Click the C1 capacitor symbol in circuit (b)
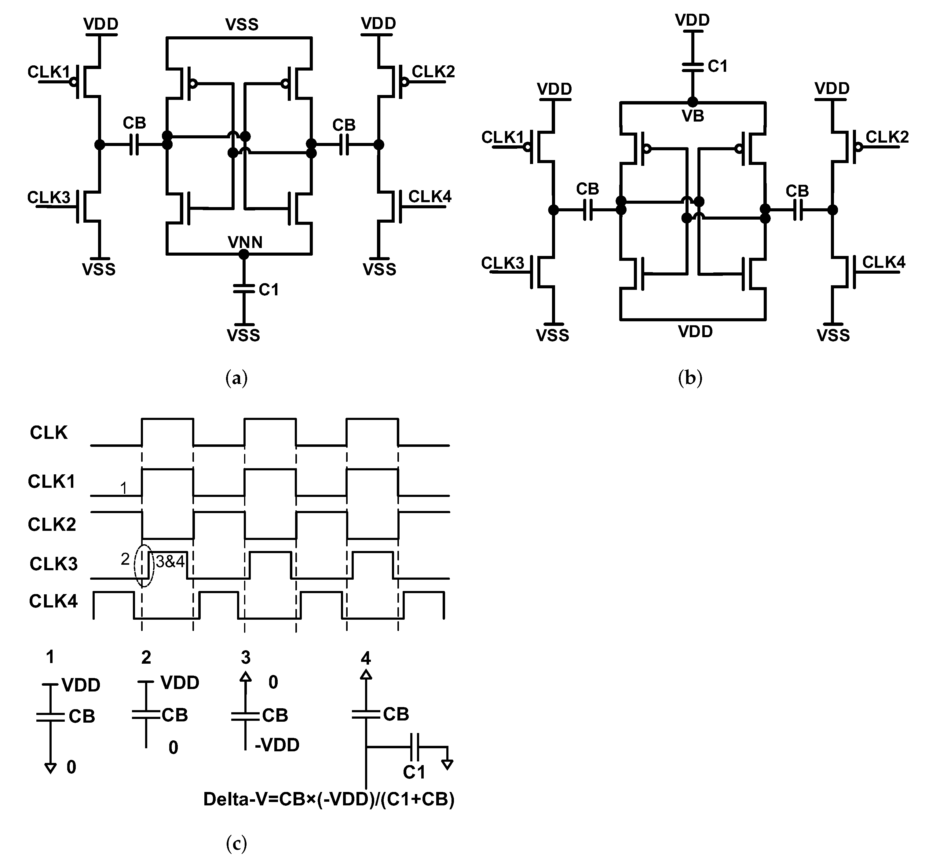[x=692, y=67]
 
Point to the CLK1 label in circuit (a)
[x=48, y=72]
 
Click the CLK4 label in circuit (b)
[x=883, y=262]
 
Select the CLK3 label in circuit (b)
[x=503, y=263]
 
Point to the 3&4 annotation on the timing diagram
[x=170, y=562]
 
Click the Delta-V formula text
[x=328, y=799]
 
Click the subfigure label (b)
[x=690, y=378]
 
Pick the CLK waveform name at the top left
[x=48, y=432]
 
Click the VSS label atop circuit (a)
[x=242, y=24]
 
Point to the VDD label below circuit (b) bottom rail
[x=695, y=332]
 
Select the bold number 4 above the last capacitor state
[x=366, y=658]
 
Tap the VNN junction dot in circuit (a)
[x=243, y=254]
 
